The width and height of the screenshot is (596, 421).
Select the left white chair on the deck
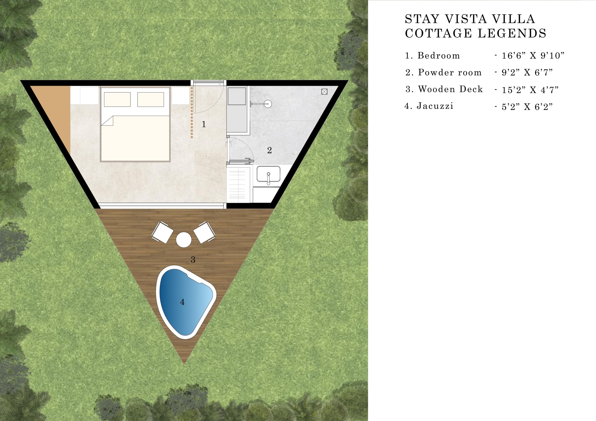162,232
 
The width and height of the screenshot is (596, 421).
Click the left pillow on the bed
117,99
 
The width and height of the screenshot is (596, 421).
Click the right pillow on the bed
151,99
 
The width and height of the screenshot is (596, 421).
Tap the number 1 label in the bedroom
204,124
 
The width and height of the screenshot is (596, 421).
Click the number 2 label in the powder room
269,150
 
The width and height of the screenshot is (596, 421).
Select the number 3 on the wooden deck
193,259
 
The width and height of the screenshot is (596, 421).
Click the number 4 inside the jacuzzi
182,302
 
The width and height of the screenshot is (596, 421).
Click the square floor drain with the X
324,91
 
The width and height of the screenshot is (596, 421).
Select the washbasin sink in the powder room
268,174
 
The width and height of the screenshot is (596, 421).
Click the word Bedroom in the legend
439,56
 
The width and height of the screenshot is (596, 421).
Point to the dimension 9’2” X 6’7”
527,72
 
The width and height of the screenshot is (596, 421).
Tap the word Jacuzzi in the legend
435,106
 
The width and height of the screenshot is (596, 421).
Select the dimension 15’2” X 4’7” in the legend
530,90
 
